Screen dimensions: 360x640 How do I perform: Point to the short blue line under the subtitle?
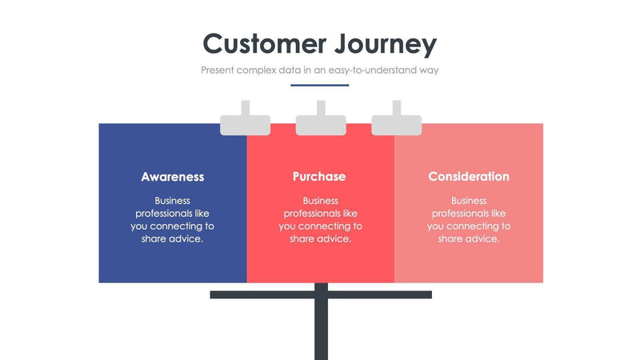click(x=320, y=85)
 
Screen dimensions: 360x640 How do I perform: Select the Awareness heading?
click(x=173, y=177)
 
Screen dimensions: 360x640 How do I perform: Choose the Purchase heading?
click(x=319, y=177)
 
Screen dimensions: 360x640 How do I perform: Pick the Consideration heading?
click(x=469, y=177)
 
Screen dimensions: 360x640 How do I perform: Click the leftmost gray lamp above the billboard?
click(x=246, y=124)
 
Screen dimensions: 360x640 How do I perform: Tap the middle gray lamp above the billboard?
click(x=321, y=124)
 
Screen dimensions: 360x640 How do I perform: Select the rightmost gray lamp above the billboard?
click(x=396, y=124)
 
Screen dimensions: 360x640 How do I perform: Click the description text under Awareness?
click(x=173, y=220)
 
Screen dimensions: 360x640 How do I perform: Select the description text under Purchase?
click(x=321, y=220)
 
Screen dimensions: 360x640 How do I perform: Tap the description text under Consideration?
click(x=469, y=220)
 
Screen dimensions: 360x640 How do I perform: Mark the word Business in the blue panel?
click(x=173, y=201)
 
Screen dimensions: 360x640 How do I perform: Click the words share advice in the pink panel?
click(x=469, y=239)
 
